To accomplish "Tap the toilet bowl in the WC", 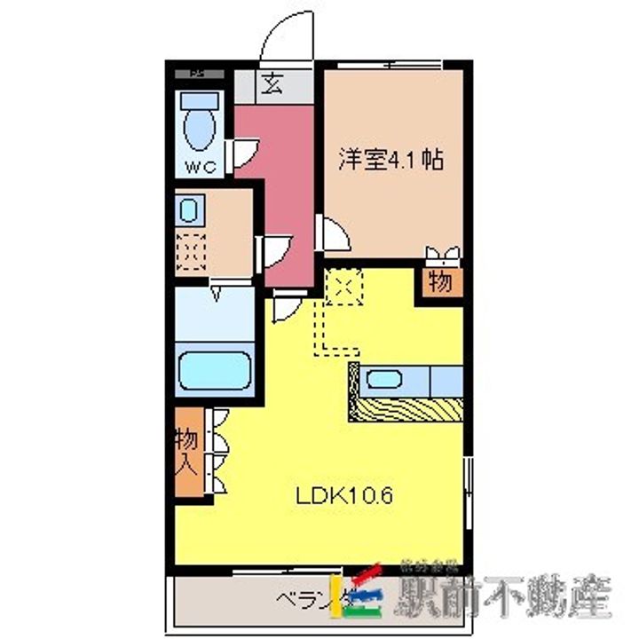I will click(200, 129).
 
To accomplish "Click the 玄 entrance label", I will click(272, 86).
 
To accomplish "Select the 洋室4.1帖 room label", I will click(390, 161).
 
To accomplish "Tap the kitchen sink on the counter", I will click(384, 380).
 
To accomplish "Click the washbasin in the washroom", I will click(189, 211).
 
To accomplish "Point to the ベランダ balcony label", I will click(303, 596).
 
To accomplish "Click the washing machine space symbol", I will click(189, 251).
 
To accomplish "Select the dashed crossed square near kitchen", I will click(341, 286).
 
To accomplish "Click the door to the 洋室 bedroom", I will click(334, 233).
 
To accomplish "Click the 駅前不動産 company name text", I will click(506, 597).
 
